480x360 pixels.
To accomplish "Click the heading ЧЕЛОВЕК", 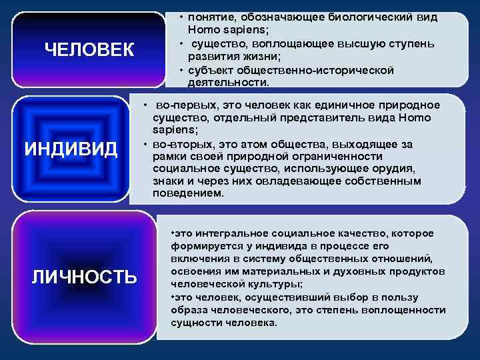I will point(89,49).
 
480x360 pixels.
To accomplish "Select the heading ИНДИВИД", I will point(71,147).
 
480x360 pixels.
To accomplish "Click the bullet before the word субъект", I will point(181,70).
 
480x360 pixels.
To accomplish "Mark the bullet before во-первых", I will point(145,106).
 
